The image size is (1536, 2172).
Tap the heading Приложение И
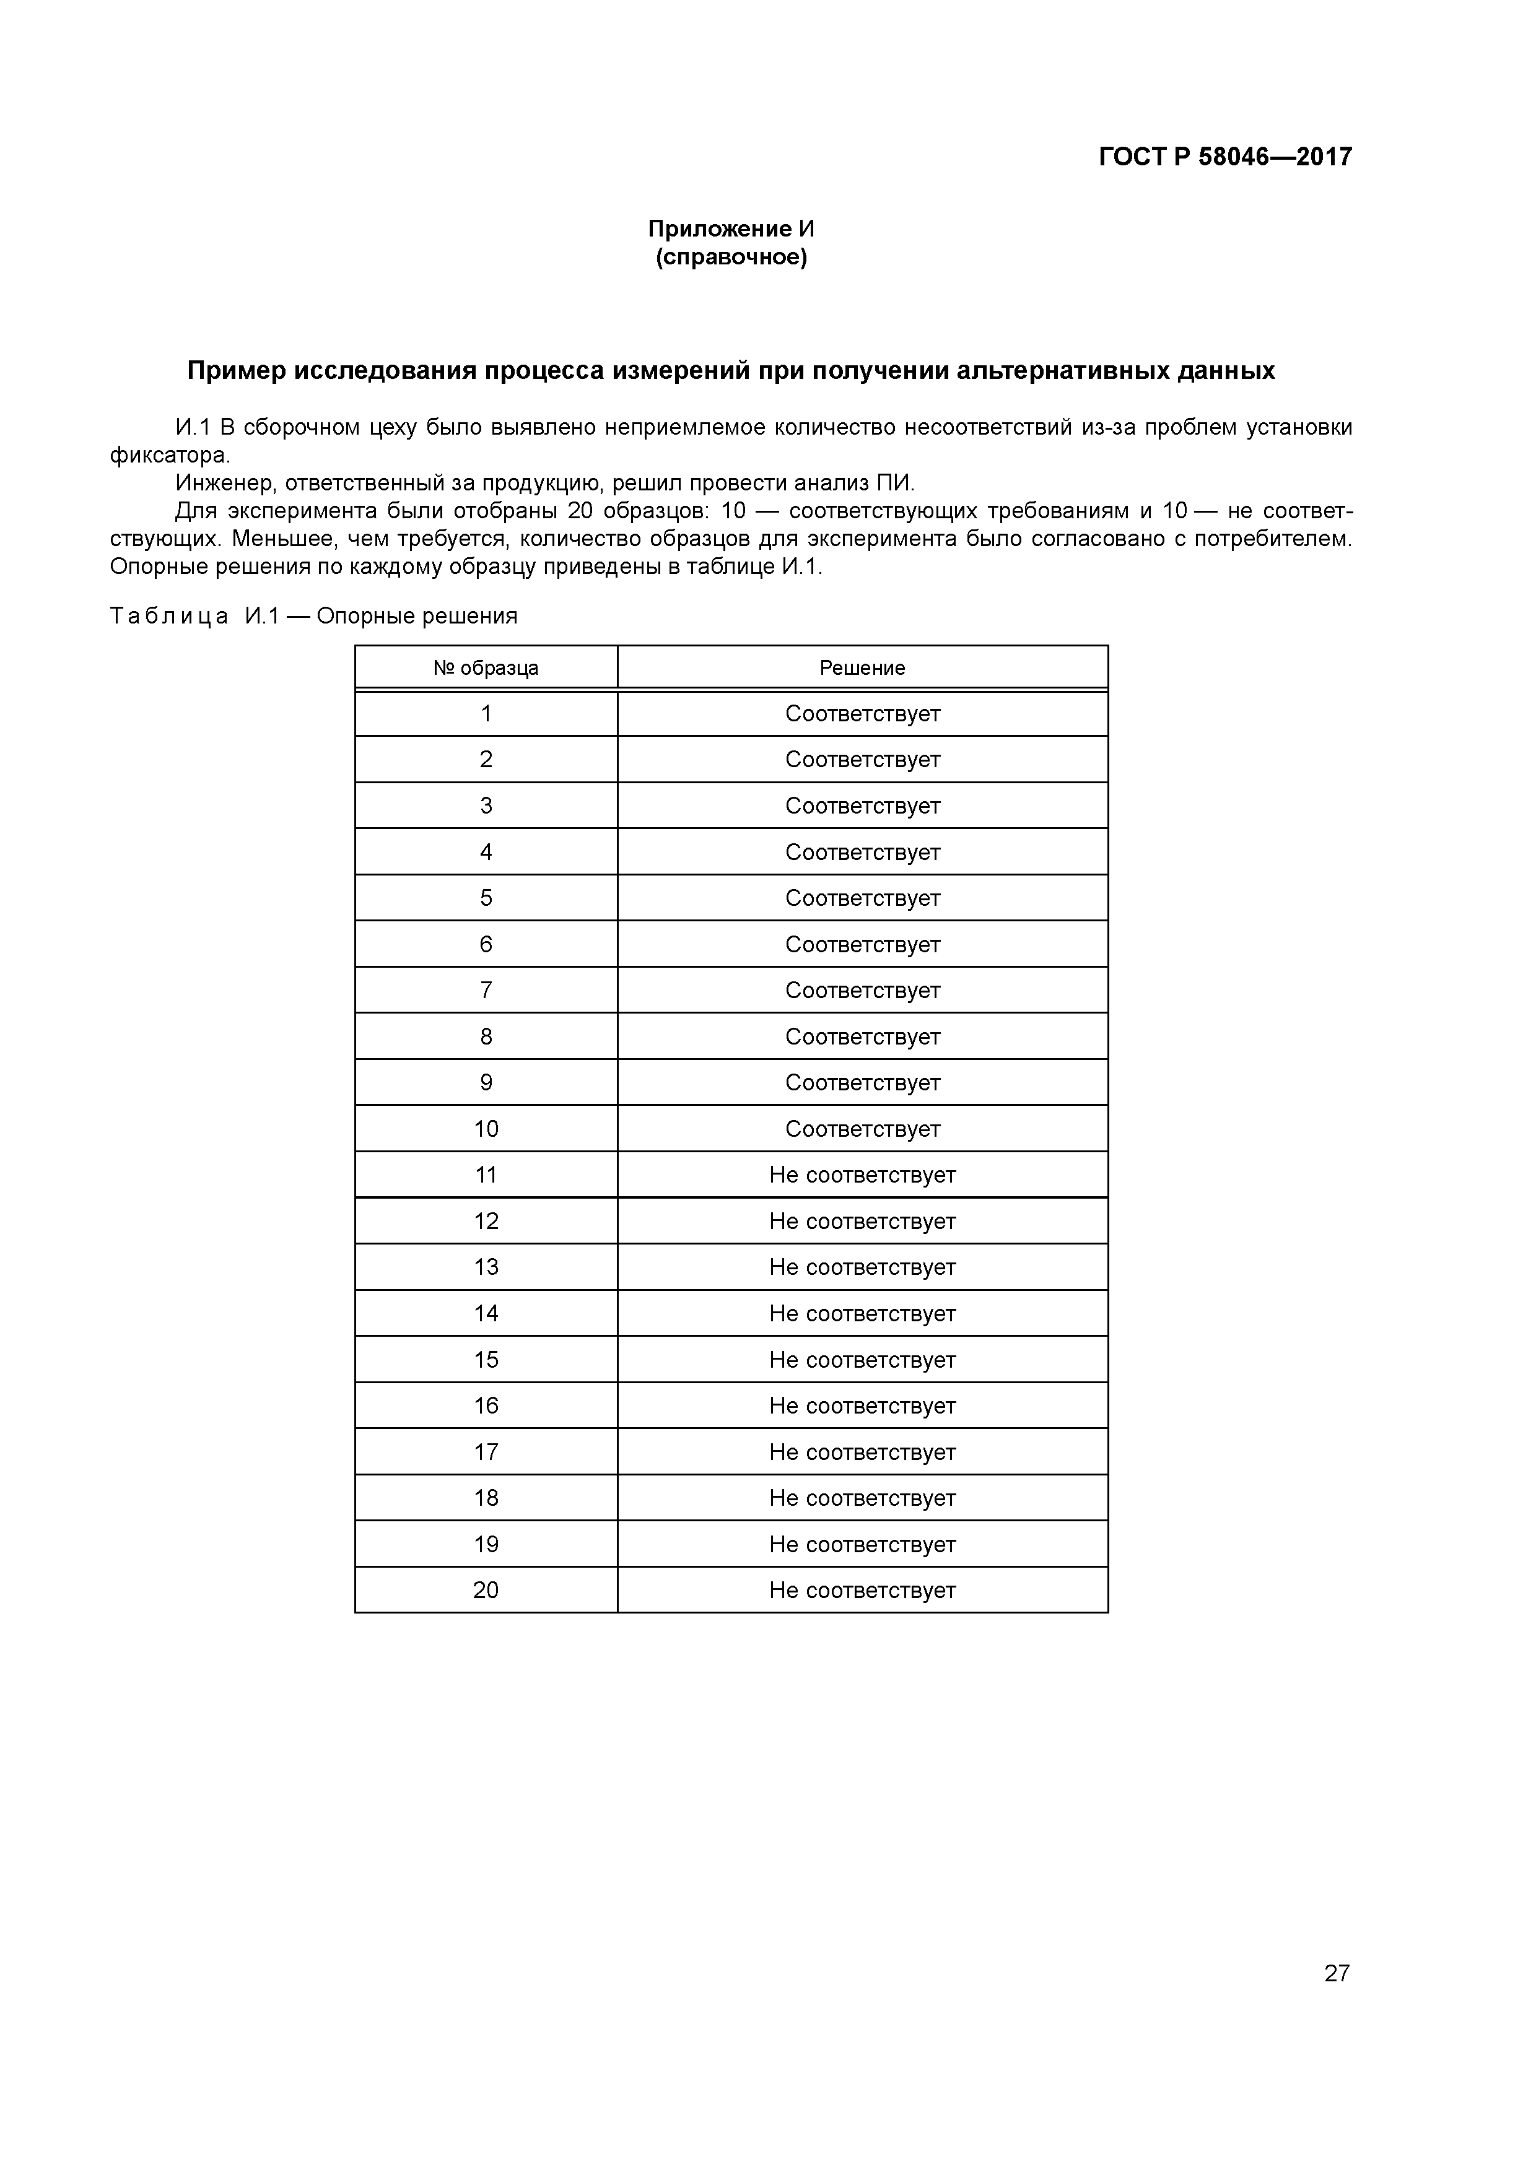tap(731, 229)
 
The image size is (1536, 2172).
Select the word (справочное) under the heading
tap(731, 258)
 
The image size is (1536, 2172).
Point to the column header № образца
tap(486, 668)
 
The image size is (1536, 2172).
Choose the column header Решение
tap(862, 668)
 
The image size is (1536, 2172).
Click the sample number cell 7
tap(486, 991)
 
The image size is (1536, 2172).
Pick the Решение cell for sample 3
tap(862, 806)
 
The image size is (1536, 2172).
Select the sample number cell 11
tap(486, 1175)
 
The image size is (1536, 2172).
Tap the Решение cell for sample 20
tap(862, 1590)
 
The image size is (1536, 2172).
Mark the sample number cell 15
tap(486, 1360)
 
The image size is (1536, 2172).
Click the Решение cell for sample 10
tap(862, 1129)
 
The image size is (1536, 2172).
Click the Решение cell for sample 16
tap(862, 1405)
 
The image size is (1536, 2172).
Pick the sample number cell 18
tap(486, 1498)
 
